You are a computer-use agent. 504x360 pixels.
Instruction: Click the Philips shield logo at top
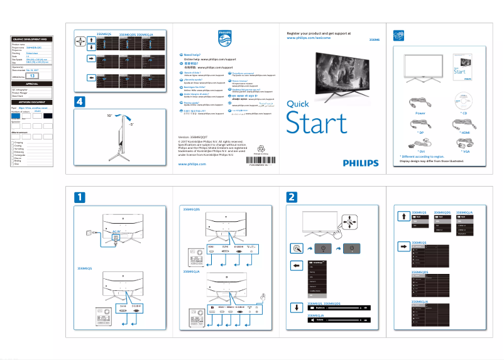click(224, 37)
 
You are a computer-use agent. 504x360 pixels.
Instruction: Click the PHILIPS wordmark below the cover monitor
click(361, 162)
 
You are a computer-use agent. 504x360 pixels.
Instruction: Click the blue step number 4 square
click(79, 102)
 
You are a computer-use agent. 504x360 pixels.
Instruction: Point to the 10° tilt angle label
click(109, 116)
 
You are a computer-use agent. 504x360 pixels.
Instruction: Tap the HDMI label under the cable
click(464, 133)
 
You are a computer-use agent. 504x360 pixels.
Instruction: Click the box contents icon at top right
click(397, 35)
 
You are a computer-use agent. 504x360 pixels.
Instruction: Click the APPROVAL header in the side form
click(32, 84)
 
